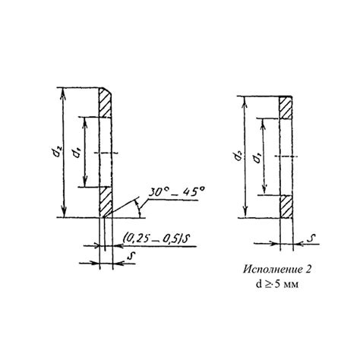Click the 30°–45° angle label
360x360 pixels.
pyautogui.click(x=176, y=192)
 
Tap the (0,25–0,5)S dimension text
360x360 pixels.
pyautogui.click(x=157, y=238)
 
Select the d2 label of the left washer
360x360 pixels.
pyautogui.click(x=58, y=153)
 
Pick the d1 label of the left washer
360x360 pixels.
pyautogui.click(x=77, y=153)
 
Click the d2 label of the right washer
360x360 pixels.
pyautogui.click(x=238, y=157)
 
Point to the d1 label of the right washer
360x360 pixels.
pyautogui.click(x=258, y=159)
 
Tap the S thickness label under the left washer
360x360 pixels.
pyautogui.click(x=131, y=256)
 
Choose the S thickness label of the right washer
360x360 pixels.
pyautogui.click(x=314, y=237)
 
